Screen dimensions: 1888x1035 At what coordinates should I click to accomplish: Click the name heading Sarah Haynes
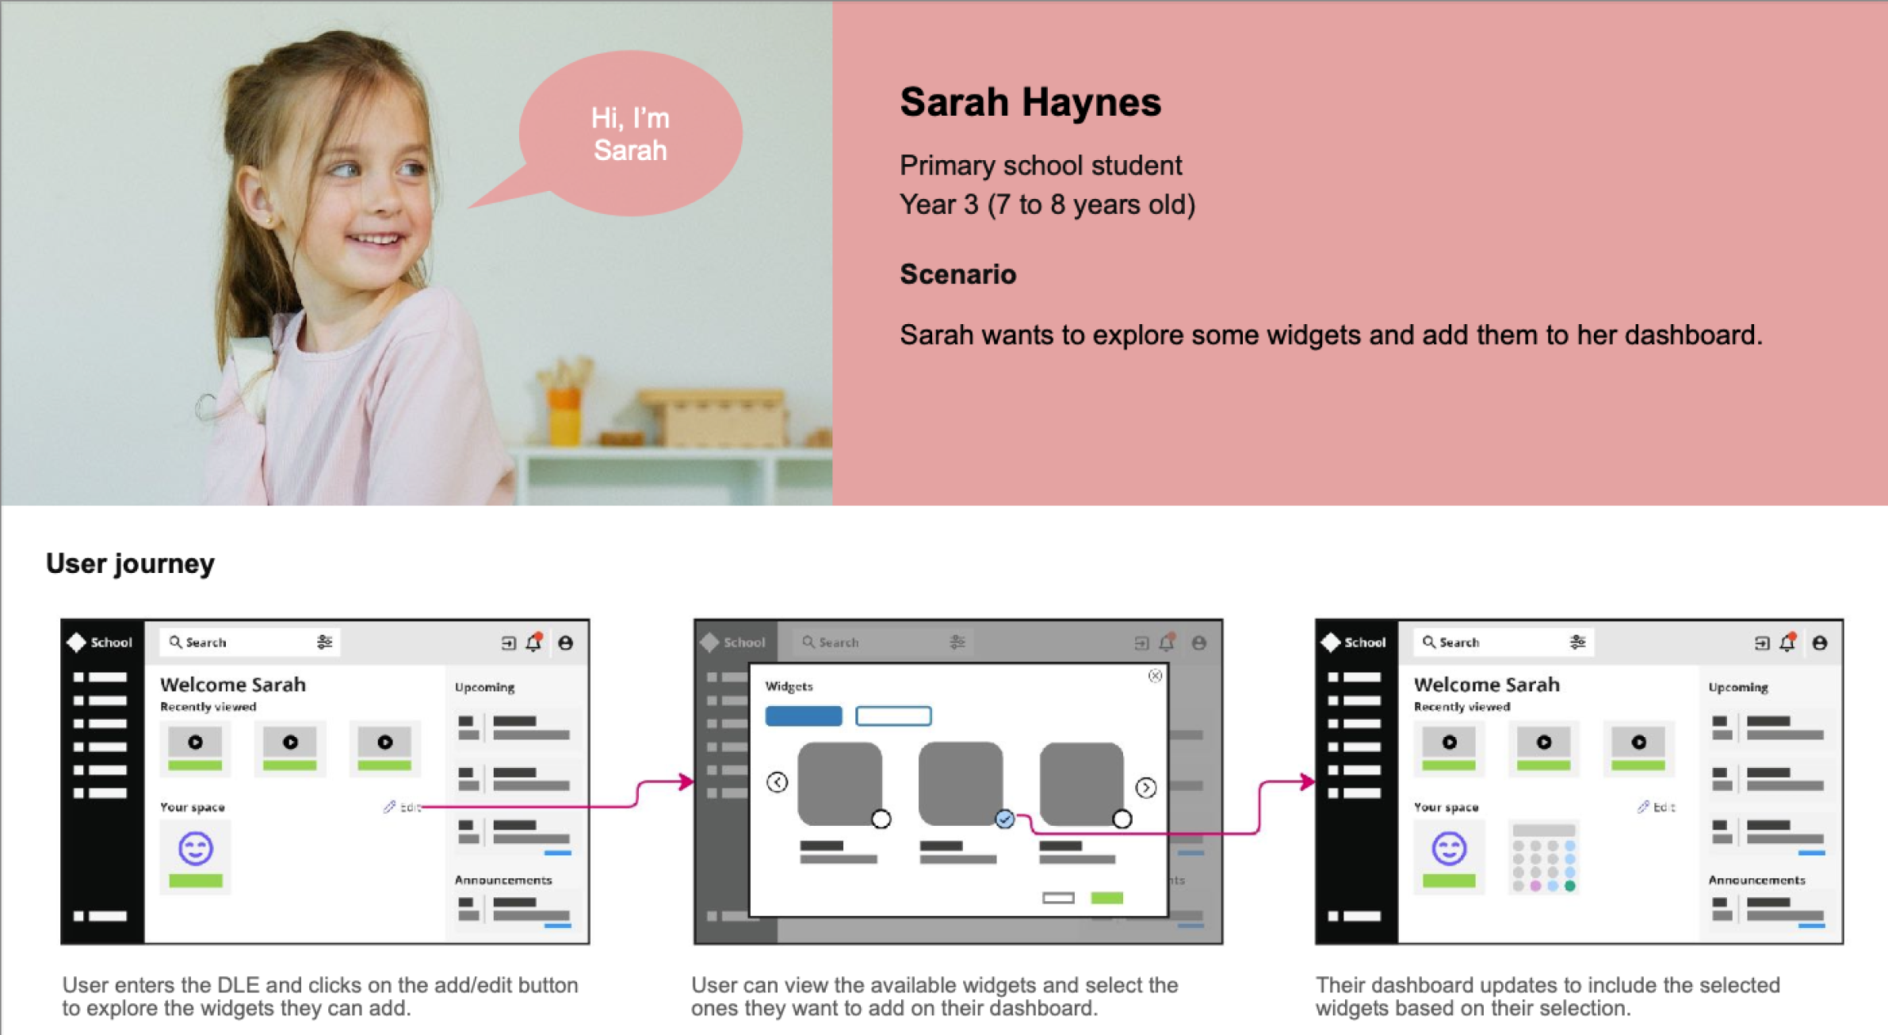[x=1030, y=102]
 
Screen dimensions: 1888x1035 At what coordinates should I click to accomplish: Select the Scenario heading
[x=957, y=274]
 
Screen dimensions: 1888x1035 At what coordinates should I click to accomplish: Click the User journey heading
[x=130, y=563]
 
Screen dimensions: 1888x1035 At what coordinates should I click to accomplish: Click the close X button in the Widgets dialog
[x=1155, y=676]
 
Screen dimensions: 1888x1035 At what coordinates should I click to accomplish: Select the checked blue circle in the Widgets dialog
[x=1004, y=819]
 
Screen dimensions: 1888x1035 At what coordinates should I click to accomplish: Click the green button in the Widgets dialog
[x=1106, y=898]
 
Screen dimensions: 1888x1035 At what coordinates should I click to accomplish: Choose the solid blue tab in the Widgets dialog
[x=803, y=716]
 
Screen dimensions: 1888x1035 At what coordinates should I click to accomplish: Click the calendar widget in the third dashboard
[x=1543, y=857]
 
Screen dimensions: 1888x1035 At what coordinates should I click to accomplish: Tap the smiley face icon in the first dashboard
[x=195, y=849]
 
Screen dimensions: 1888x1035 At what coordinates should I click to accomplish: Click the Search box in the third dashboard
[x=1503, y=642]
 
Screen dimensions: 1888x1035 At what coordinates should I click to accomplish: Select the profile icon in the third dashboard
[x=1820, y=643]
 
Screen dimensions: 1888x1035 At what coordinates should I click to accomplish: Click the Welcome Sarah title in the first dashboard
[x=232, y=684]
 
